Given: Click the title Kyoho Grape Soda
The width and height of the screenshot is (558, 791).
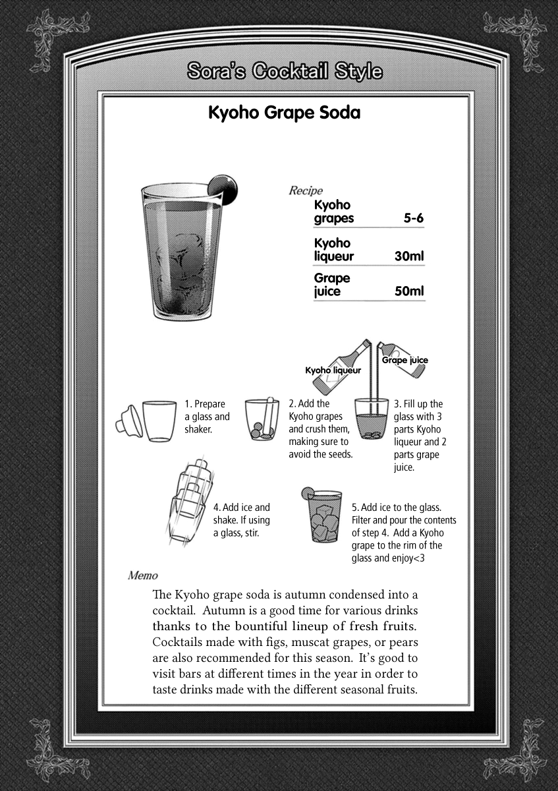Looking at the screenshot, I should [x=284, y=113].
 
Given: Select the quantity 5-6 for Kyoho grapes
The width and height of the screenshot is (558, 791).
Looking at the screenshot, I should [x=413, y=218].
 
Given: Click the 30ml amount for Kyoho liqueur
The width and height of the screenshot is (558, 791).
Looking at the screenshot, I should [x=408, y=256].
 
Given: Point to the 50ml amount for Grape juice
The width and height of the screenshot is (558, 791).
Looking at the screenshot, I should [x=408, y=291].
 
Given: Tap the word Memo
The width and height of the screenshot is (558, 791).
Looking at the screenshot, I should [x=142, y=575].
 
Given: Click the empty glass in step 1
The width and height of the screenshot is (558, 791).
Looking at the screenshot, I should [x=159, y=421].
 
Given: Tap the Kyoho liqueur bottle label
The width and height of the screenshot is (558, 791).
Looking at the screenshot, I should [x=333, y=370].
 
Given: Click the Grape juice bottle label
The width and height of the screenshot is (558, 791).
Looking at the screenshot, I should [x=405, y=360].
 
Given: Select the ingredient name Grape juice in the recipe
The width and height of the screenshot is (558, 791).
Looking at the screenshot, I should [x=332, y=284].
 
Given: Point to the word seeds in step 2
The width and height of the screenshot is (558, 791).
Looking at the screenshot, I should [x=341, y=455].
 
